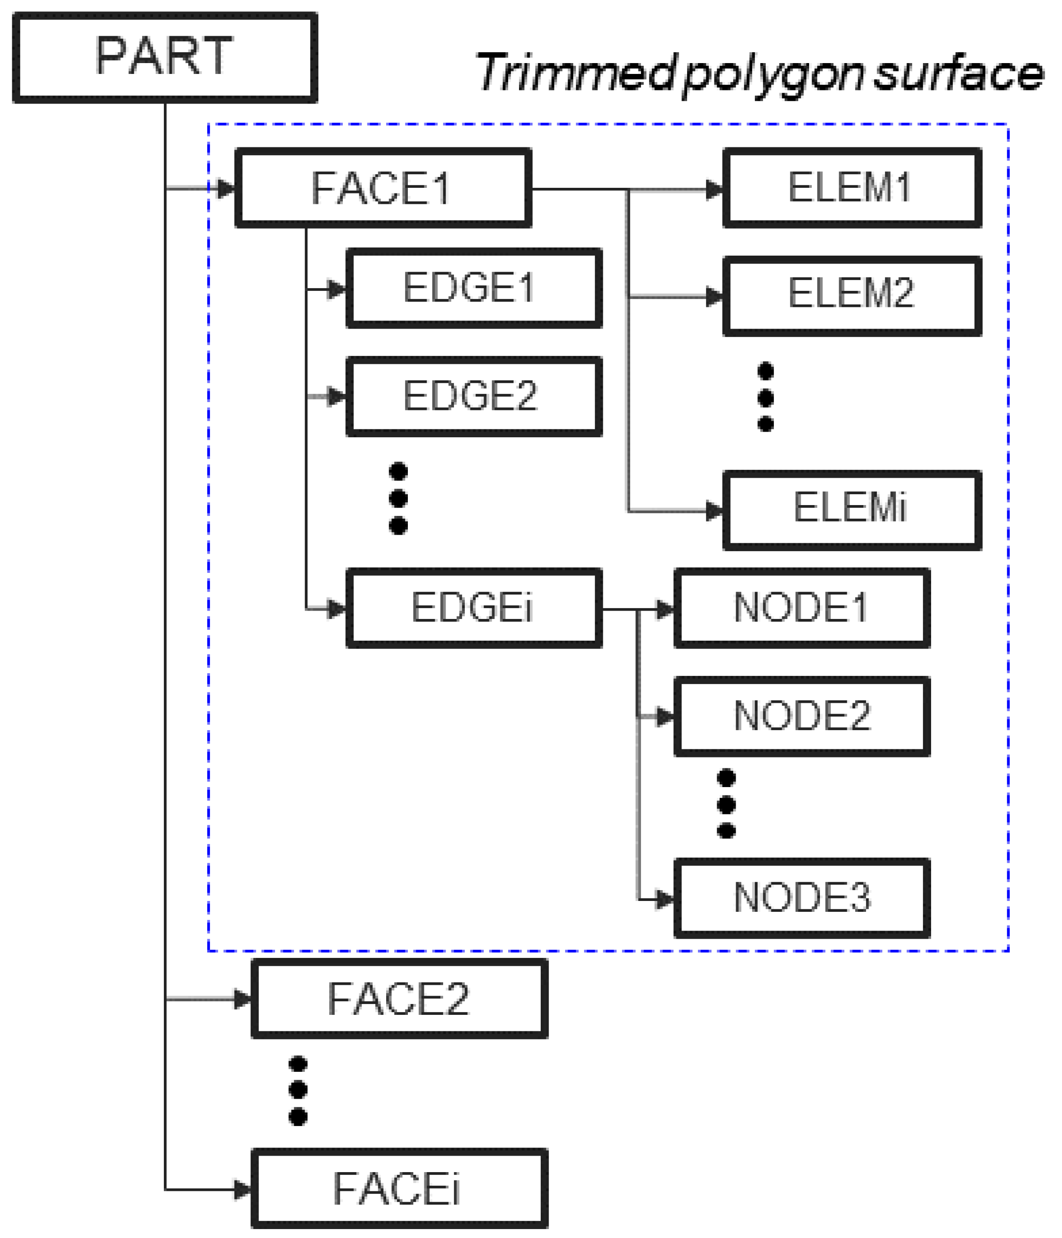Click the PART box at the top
[x=164, y=57]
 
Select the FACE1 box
[x=382, y=188]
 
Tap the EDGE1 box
[x=474, y=289]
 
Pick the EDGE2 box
[x=474, y=397]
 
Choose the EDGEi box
[x=474, y=608]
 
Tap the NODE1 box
[x=802, y=608]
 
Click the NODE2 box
[x=802, y=716]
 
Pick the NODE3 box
[x=802, y=898]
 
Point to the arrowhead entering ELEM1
[x=714, y=190]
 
